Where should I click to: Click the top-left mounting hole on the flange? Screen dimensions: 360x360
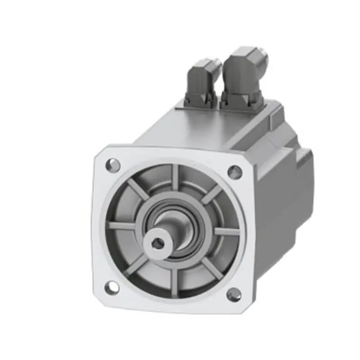[x=113, y=165]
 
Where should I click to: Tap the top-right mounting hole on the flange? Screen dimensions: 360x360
[x=234, y=171]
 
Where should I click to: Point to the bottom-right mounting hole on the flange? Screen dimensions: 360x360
[x=234, y=295]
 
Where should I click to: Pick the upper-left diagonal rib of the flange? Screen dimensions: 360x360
[x=139, y=189]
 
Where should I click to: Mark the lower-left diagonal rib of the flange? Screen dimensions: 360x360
[x=138, y=265]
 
